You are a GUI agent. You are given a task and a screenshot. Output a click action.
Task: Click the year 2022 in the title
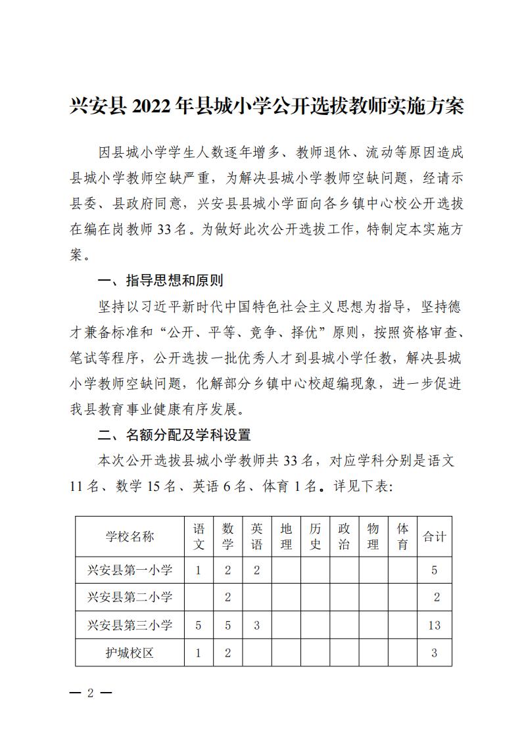pyautogui.click(x=156, y=105)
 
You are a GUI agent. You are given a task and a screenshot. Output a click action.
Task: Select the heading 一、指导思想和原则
pyautogui.click(x=160, y=281)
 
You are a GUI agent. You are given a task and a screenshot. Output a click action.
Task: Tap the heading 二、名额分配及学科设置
pyautogui.click(x=174, y=435)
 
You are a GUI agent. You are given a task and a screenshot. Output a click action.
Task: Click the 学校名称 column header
pyautogui.click(x=130, y=536)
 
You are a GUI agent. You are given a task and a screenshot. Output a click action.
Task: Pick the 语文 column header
pyautogui.click(x=199, y=536)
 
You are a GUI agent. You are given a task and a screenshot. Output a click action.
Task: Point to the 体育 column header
pyautogui.click(x=403, y=536)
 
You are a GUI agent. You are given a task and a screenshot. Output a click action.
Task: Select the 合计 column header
pyautogui.click(x=434, y=536)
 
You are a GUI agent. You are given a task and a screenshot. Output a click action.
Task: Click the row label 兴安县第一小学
pyautogui.click(x=130, y=570)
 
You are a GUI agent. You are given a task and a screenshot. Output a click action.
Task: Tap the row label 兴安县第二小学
pyautogui.click(x=130, y=597)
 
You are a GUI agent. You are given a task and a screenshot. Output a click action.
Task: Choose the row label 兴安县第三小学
pyautogui.click(x=130, y=625)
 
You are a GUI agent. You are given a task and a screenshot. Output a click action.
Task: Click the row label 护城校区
pyautogui.click(x=130, y=653)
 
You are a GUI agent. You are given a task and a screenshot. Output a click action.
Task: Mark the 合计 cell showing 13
pyautogui.click(x=434, y=625)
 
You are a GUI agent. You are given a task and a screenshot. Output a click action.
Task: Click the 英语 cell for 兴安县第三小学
pyautogui.click(x=257, y=625)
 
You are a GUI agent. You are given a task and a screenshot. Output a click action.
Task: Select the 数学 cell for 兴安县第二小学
pyautogui.click(x=227, y=597)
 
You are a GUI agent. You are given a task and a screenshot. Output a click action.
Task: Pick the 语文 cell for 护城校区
pyautogui.click(x=199, y=653)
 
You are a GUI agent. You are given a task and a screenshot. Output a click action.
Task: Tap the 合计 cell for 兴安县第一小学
pyautogui.click(x=434, y=570)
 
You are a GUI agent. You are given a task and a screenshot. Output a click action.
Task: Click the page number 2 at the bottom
pyautogui.click(x=91, y=694)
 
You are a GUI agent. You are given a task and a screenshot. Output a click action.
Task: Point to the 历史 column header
pyautogui.click(x=315, y=536)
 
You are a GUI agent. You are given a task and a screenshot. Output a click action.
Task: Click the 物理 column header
pyautogui.click(x=373, y=536)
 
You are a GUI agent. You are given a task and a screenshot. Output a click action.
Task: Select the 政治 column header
pyautogui.click(x=344, y=536)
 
